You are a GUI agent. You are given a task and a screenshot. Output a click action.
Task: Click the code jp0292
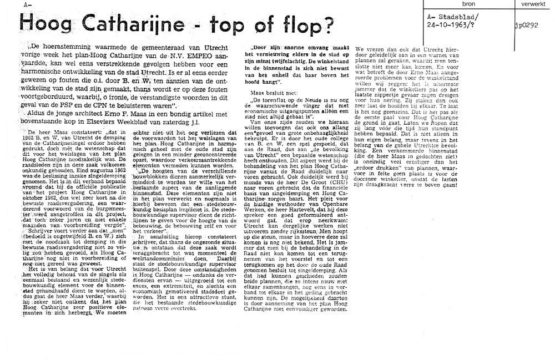(527, 24)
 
